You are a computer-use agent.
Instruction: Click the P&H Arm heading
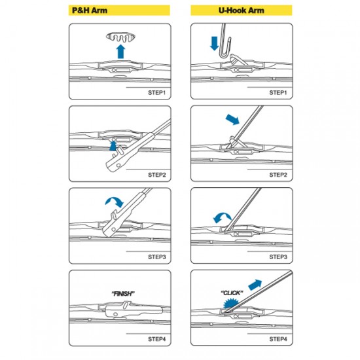click(x=90, y=10)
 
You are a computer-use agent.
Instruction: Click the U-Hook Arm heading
click(x=242, y=10)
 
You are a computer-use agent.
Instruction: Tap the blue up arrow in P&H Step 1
click(x=121, y=52)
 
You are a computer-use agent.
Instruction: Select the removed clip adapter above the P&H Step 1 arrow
click(x=120, y=37)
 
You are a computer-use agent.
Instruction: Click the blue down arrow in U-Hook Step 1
click(x=215, y=43)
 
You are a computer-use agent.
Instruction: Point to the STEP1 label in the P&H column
click(x=157, y=92)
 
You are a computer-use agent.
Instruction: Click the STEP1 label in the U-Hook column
click(x=278, y=92)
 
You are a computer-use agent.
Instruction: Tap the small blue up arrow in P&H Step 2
click(x=113, y=146)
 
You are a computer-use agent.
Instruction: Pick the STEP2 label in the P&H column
click(x=157, y=175)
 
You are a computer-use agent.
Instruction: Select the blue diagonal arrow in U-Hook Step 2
click(x=232, y=120)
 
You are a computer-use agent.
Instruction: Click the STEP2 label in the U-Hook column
click(x=278, y=175)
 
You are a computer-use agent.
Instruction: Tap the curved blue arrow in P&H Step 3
click(x=115, y=202)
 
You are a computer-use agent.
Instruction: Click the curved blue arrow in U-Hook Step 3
click(x=222, y=217)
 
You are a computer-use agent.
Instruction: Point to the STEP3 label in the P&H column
click(x=157, y=257)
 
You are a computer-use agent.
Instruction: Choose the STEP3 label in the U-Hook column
click(x=278, y=257)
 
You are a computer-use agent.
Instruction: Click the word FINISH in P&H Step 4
click(x=123, y=293)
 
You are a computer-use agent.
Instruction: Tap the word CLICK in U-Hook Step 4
click(x=232, y=293)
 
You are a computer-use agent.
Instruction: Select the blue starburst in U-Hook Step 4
click(x=231, y=303)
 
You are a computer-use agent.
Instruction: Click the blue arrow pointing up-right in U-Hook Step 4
click(x=255, y=285)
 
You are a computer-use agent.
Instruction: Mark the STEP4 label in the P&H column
click(x=157, y=339)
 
